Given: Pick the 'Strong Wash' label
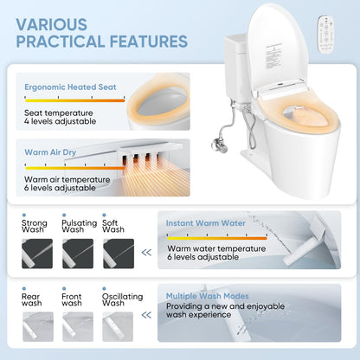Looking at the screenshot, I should [35, 227].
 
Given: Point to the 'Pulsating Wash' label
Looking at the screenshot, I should [80, 227].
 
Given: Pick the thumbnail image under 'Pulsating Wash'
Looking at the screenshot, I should [79, 254].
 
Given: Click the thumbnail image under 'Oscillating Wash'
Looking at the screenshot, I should [121, 326].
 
